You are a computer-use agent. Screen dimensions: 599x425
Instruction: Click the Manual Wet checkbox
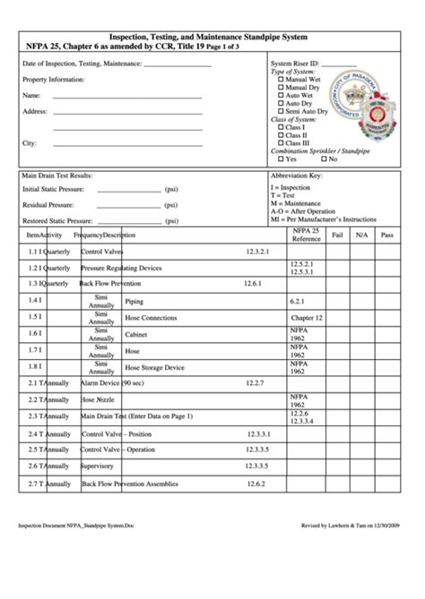click(x=282, y=80)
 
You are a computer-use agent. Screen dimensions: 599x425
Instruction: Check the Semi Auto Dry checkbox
click(x=282, y=110)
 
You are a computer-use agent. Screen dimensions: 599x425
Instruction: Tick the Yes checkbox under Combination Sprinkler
click(x=282, y=158)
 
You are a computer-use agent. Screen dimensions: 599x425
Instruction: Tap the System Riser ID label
click(x=294, y=64)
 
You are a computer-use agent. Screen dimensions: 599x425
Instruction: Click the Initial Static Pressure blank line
click(x=128, y=190)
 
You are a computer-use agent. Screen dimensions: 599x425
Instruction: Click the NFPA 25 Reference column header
click(x=305, y=235)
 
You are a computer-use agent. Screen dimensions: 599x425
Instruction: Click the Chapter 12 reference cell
click(x=306, y=317)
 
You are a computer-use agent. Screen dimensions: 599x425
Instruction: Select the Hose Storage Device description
click(x=154, y=366)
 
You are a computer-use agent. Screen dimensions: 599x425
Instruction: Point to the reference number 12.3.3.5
click(x=258, y=466)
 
